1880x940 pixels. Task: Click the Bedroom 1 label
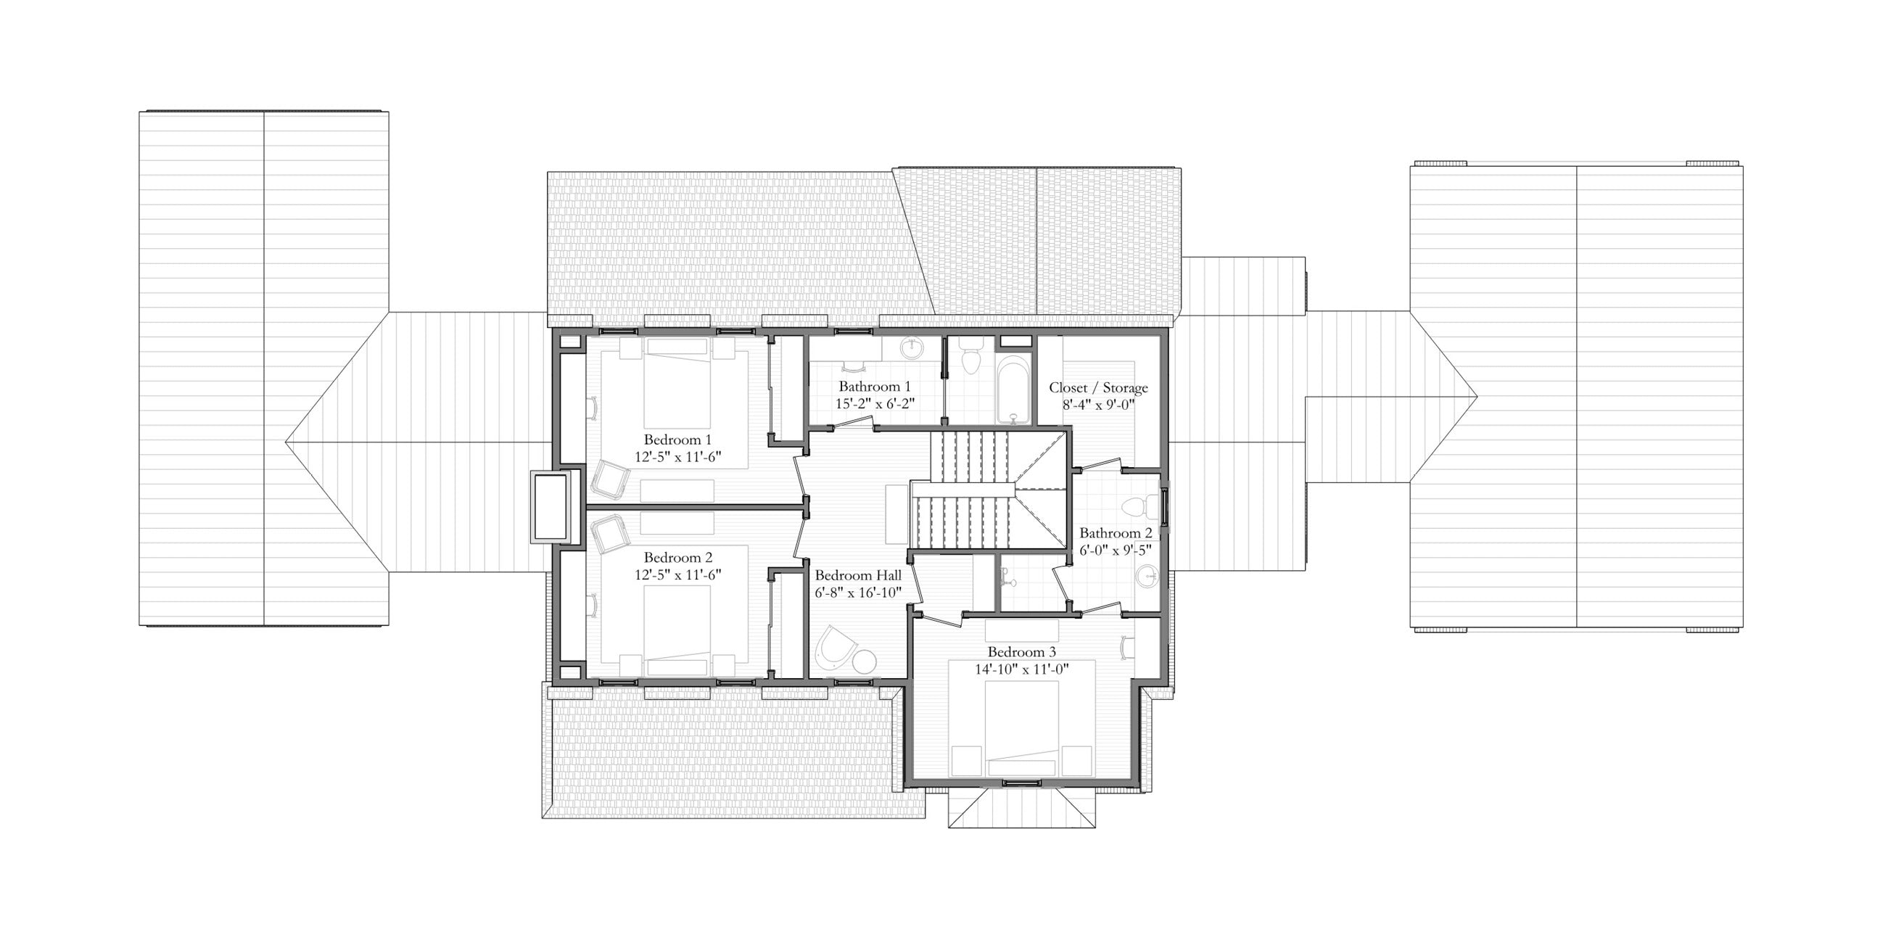click(x=677, y=440)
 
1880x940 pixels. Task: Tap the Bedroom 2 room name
click(x=678, y=558)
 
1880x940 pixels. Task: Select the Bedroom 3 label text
click(x=1022, y=652)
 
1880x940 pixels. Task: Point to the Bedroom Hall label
click(x=858, y=575)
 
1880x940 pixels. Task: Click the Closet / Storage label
click(x=1098, y=387)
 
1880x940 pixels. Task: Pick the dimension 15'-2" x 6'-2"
click(x=875, y=403)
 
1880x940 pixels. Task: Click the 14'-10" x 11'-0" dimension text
click(x=1022, y=669)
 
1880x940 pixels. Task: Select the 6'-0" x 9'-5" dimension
click(x=1116, y=550)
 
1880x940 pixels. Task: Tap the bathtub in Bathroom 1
click(x=1014, y=389)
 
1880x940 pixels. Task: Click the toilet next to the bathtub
click(x=971, y=358)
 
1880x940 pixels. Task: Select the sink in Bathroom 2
click(x=1147, y=577)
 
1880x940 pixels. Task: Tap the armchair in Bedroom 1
click(x=610, y=479)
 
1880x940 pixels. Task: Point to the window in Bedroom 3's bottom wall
click(x=1022, y=783)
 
